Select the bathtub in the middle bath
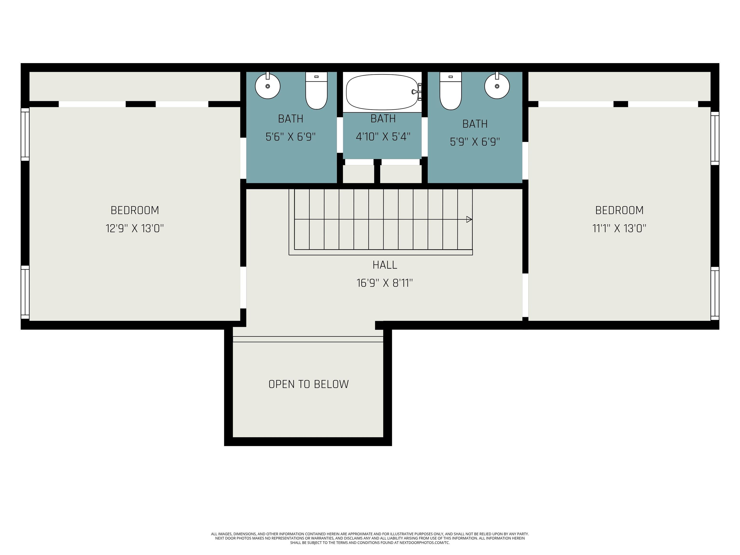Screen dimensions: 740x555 [x=382, y=92]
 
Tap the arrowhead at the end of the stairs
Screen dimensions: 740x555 [x=469, y=219]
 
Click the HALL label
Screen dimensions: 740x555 [x=385, y=265]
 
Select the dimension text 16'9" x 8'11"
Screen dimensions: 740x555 [x=385, y=283]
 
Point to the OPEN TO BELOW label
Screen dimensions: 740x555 [x=308, y=384]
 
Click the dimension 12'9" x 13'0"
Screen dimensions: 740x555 [x=134, y=229]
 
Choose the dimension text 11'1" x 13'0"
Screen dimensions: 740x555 [x=619, y=229]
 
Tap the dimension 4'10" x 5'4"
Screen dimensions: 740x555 [x=383, y=137]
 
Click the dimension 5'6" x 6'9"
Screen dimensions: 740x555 [x=291, y=137]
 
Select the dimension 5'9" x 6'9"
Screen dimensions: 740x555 [x=475, y=142]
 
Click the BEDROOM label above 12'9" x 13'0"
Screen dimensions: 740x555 [x=135, y=211]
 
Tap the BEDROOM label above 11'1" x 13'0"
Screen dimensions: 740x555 [x=619, y=211]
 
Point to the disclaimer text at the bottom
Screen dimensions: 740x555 [x=370, y=539]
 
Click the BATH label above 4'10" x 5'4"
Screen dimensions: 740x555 [x=383, y=119]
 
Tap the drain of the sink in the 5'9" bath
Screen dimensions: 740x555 [x=497, y=86]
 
